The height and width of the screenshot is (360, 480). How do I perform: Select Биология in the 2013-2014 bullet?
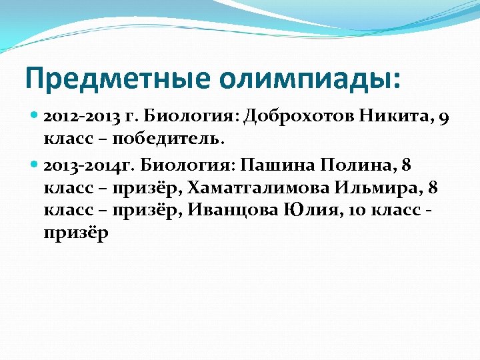187,165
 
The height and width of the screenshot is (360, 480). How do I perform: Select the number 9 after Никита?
445,118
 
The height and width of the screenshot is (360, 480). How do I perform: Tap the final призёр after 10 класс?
75,235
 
